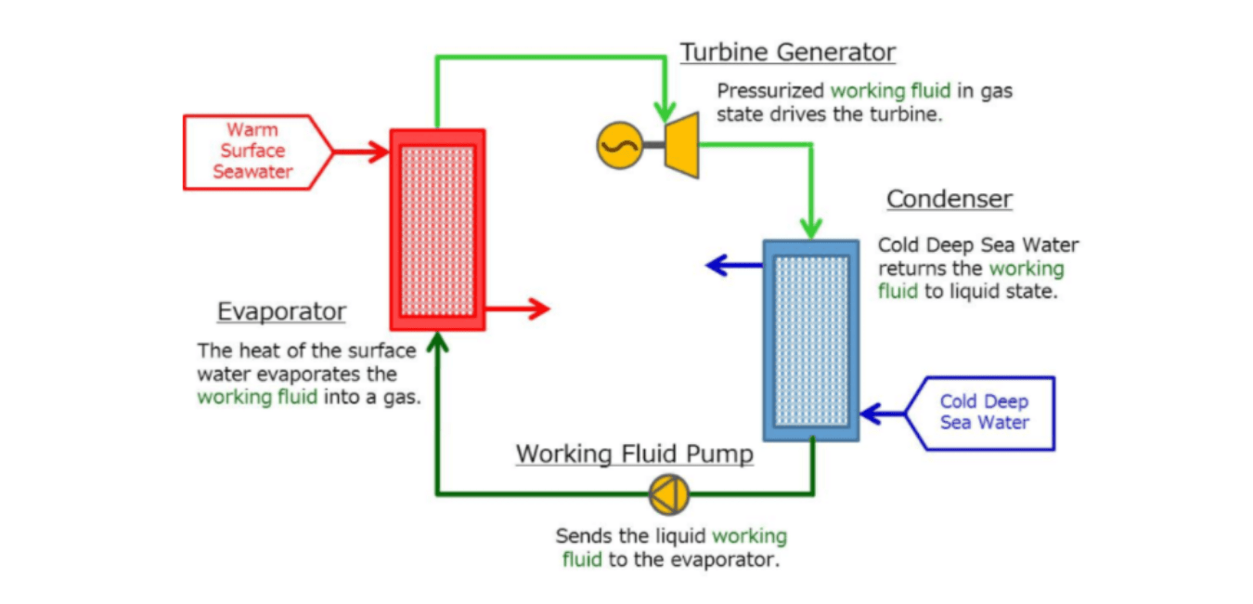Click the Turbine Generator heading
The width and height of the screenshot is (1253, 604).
pos(787,52)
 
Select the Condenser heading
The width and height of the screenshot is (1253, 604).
pos(949,199)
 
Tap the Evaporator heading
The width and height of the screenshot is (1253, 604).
pos(281,311)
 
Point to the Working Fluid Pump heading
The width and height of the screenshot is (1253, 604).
pos(634,454)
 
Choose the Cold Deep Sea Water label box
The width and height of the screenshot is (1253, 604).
pos(984,413)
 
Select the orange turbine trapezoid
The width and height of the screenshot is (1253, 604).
pos(681,145)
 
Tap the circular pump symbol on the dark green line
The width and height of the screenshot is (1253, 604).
pos(669,494)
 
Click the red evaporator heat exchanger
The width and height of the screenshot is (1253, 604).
pos(437,230)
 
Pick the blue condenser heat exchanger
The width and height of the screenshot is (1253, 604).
pos(810,340)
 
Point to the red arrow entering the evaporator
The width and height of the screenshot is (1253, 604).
pos(362,151)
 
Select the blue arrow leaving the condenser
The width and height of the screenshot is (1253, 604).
pos(734,266)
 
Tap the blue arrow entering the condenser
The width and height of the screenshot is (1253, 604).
pos(882,414)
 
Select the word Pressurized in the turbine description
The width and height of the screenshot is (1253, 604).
pos(770,91)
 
